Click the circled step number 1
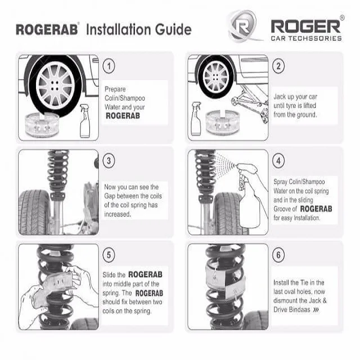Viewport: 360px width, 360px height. [x=109, y=66]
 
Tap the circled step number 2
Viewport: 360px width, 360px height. [x=278, y=66]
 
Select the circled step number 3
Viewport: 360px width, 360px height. [x=109, y=161]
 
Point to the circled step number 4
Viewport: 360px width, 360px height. [x=278, y=161]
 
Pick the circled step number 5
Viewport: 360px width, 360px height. [x=109, y=255]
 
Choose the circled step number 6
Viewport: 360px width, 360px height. [x=278, y=255]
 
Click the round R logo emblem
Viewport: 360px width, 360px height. [x=244, y=26]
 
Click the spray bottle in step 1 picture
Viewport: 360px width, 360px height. [x=85, y=121]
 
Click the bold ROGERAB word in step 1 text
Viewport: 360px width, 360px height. [x=123, y=116]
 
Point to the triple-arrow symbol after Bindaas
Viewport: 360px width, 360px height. [x=316, y=310]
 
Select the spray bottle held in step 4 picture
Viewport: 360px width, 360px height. [x=249, y=195]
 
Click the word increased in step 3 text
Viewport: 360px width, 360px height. [x=118, y=214]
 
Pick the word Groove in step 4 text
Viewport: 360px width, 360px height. [x=282, y=209]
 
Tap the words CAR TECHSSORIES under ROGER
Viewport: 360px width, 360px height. [x=306, y=38]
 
